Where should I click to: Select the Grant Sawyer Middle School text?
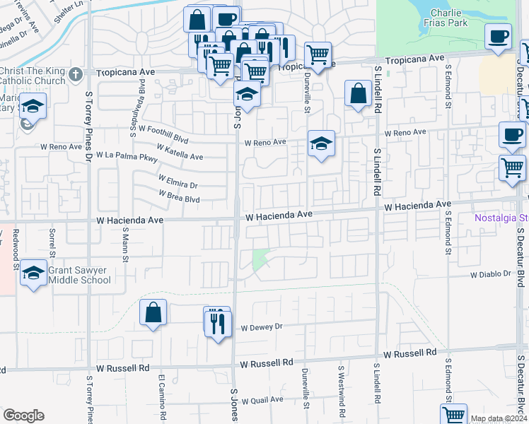pyautogui.click(x=79, y=274)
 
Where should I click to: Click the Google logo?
pyautogui.click(x=24, y=415)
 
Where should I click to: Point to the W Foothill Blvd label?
pyautogui.click(x=163, y=129)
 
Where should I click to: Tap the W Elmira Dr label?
pyautogui.click(x=178, y=182)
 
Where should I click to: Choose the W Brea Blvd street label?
pyautogui.click(x=180, y=196)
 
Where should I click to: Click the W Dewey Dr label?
pyautogui.click(x=261, y=327)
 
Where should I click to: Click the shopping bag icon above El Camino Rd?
pyautogui.click(x=153, y=312)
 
